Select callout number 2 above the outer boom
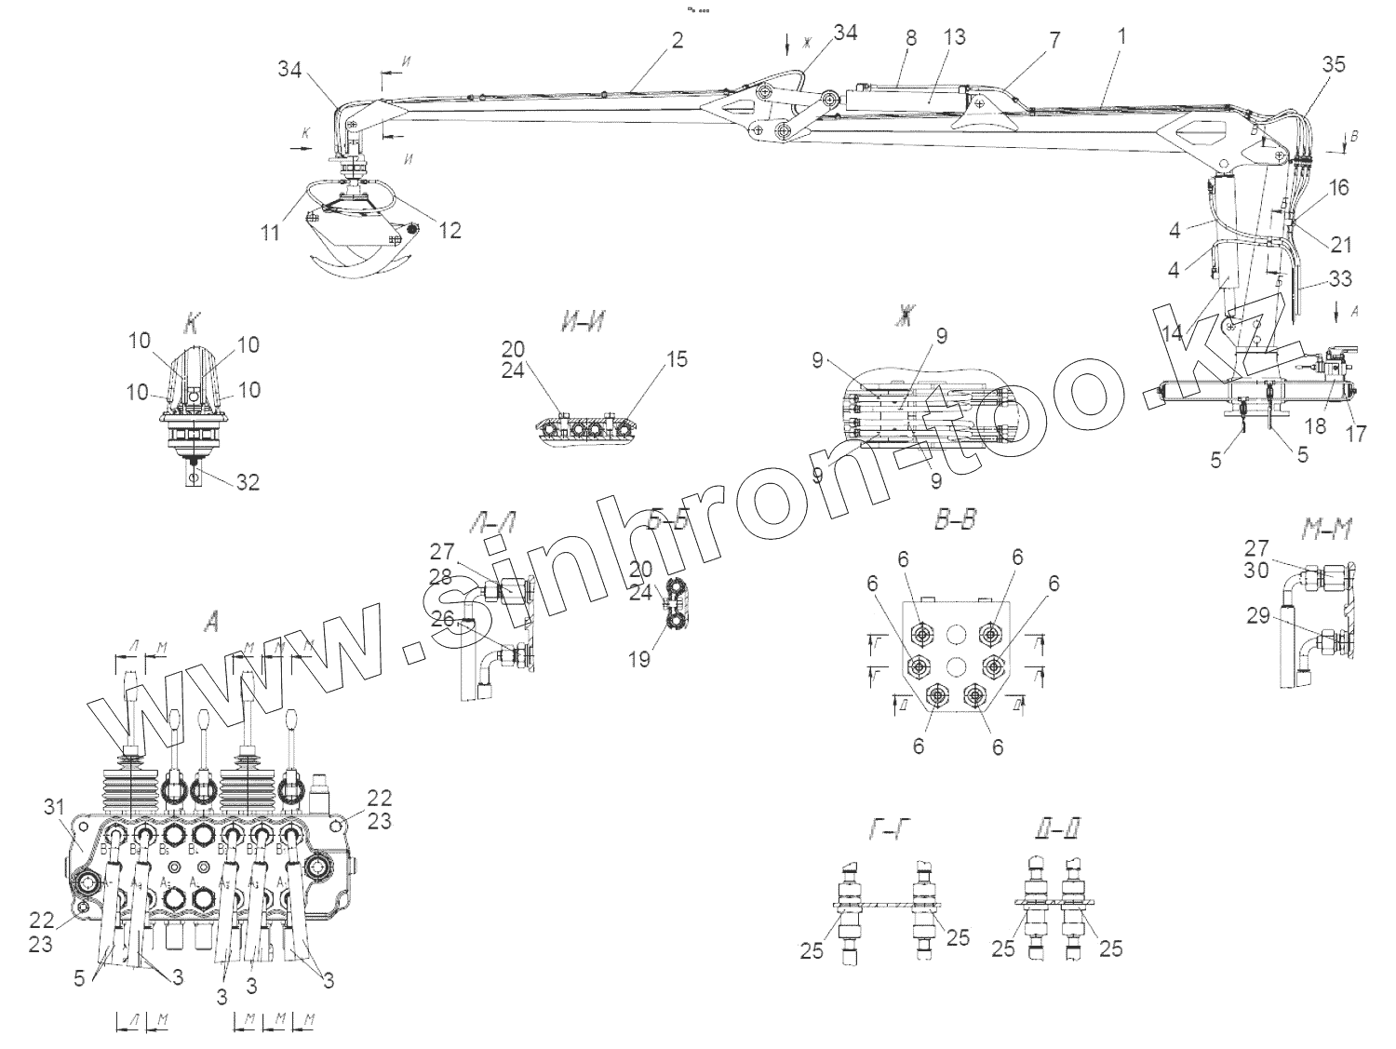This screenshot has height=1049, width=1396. click(677, 40)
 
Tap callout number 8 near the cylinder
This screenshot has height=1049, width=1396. click(910, 38)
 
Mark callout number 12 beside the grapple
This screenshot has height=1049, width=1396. click(450, 230)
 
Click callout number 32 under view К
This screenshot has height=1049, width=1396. click(247, 482)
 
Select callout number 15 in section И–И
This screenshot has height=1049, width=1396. click(678, 359)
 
